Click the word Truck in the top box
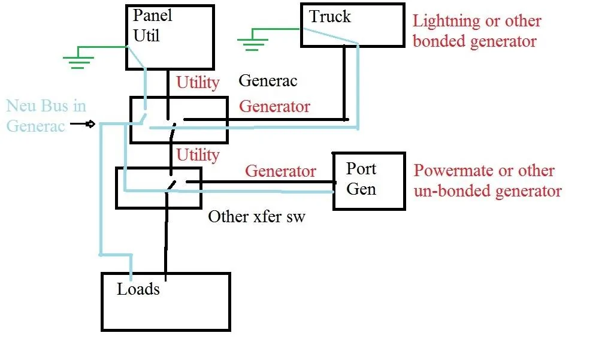pos(329,17)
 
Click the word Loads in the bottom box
pos(138,289)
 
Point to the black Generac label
pos(268,80)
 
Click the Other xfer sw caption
pos(256,216)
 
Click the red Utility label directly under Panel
pos(198,82)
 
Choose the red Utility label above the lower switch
pos(198,155)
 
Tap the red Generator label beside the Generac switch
pos(274,107)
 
